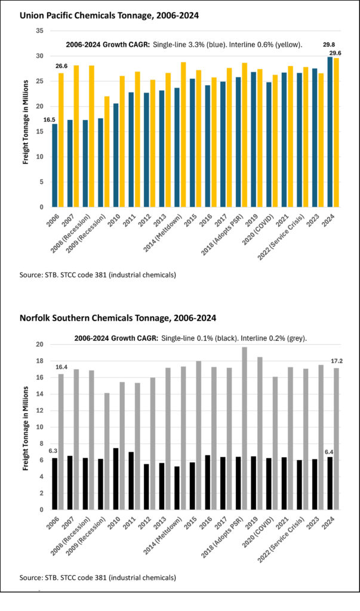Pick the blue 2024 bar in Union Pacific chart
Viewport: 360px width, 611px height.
tap(330, 132)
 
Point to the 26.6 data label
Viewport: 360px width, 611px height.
tap(61, 66)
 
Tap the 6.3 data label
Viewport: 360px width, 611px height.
tap(53, 451)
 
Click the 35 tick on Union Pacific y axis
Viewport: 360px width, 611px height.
tap(39, 30)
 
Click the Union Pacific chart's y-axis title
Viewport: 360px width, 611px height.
tap(27, 119)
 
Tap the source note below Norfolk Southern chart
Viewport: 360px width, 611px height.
tap(97, 578)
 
